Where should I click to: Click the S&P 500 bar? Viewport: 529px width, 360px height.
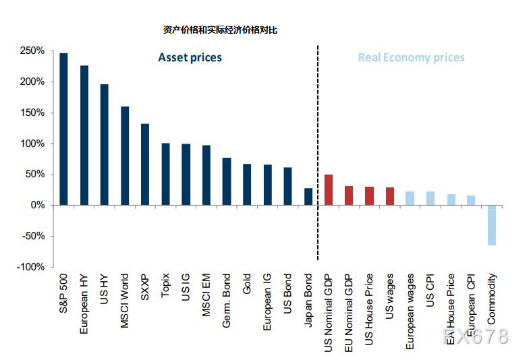click(x=63, y=129)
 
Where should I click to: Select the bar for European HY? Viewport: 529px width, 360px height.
click(x=84, y=135)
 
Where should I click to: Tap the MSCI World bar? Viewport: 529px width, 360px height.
click(x=125, y=156)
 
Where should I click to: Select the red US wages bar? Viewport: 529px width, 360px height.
click(x=390, y=196)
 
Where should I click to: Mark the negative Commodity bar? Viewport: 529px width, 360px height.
click(x=492, y=225)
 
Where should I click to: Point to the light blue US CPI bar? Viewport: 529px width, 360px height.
click(x=430, y=198)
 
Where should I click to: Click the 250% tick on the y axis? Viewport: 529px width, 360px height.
click(x=32, y=51)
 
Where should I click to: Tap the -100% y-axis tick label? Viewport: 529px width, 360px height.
click(x=30, y=267)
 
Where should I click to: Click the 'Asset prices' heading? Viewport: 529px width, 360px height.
click(x=190, y=57)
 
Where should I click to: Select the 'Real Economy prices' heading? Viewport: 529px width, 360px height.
click(x=411, y=57)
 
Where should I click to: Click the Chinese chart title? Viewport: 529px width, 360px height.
click(x=220, y=30)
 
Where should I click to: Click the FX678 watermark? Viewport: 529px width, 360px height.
click(x=475, y=336)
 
